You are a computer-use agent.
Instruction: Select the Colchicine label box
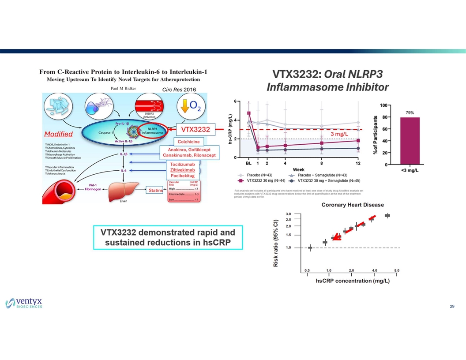188,142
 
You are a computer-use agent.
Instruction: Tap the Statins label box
155,190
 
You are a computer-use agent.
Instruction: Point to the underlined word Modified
58,134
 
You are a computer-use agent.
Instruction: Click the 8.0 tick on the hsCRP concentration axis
397,270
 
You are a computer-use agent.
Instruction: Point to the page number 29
452,307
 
